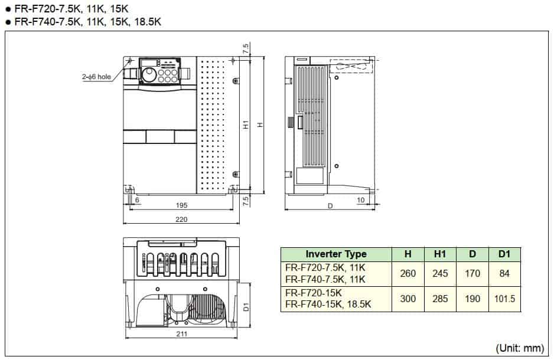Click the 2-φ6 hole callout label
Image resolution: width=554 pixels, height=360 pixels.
click(x=96, y=76)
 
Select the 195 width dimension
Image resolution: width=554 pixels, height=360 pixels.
click(x=181, y=205)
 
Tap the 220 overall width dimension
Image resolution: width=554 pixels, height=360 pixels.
click(x=181, y=220)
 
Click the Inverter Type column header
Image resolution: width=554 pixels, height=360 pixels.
click(x=335, y=254)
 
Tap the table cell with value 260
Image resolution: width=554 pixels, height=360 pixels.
click(x=408, y=274)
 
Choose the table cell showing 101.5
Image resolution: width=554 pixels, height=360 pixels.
click(x=504, y=299)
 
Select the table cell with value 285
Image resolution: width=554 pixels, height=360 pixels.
click(x=440, y=299)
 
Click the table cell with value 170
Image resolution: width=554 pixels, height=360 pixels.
click(x=472, y=274)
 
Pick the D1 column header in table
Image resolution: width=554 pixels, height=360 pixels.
click(x=504, y=254)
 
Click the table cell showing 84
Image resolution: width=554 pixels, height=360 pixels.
click(x=504, y=274)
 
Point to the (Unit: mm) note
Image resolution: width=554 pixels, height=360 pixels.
click(x=519, y=348)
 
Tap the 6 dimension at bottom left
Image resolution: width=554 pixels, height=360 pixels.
click(x=137, y=201)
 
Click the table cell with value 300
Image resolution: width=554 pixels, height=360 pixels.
click(x=408, y=299)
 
